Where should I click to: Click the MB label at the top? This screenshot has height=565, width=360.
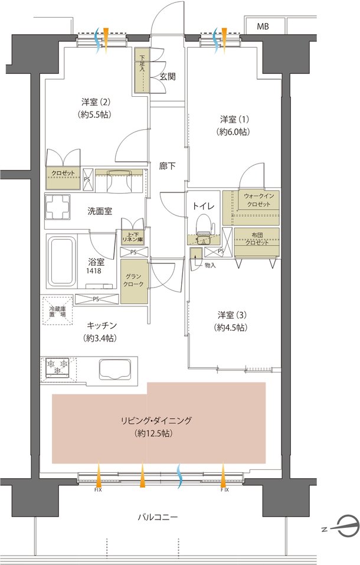tap(263, 27)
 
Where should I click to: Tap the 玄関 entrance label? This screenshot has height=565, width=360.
tap(168, 76)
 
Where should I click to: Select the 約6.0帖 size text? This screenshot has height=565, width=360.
tap(234, 132)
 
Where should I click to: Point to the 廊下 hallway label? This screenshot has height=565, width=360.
tap(168, 166)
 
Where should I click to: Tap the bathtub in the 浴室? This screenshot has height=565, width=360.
tap(61, 262)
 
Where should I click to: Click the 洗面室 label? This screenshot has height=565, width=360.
tap(100, 211)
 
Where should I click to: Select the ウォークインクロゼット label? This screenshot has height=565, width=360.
tap(258, 200)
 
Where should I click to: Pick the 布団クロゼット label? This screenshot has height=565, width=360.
tap(257, 239)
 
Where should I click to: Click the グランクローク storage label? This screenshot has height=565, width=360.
tap(134, 280)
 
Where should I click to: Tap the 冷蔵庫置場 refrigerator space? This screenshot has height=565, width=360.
tap(58, 311)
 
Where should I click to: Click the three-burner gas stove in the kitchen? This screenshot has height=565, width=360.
tap(57, 367)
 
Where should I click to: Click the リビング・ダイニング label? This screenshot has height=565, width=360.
tap(156, 420)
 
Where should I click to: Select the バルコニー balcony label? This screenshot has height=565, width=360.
tap(158, 517)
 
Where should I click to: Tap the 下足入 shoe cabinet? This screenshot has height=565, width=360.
tap(142, 70)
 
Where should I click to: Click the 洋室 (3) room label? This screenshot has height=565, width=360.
tap(232, 315)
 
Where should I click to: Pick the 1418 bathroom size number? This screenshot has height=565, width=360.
tap(93, 271)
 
